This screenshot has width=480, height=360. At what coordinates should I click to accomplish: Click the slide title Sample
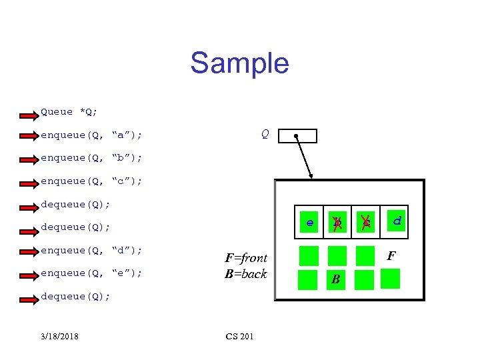(x=239, y=63)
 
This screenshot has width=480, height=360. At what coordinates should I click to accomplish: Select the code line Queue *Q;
(x=69, y=112)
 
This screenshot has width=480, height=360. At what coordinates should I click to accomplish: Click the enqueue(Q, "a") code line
(x=91, y=135)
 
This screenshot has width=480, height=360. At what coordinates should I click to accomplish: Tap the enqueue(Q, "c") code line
(x=91, y=181)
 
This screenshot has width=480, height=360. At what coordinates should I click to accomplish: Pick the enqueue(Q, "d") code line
(x=91, y=250)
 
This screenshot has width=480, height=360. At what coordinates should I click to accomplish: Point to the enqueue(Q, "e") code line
(x=91, y=273)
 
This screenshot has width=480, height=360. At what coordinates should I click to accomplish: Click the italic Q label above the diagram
(x=265, y=135)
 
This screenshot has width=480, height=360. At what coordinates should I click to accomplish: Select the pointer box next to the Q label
(x=297, y=136)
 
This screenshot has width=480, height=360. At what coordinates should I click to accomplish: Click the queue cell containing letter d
(x=396, y=219)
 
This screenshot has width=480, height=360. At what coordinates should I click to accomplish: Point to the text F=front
(x=246, y=258)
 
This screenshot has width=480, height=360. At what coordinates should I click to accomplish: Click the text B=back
(x=246, y=273)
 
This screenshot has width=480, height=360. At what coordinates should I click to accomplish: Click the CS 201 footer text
(x=240, y=336)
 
